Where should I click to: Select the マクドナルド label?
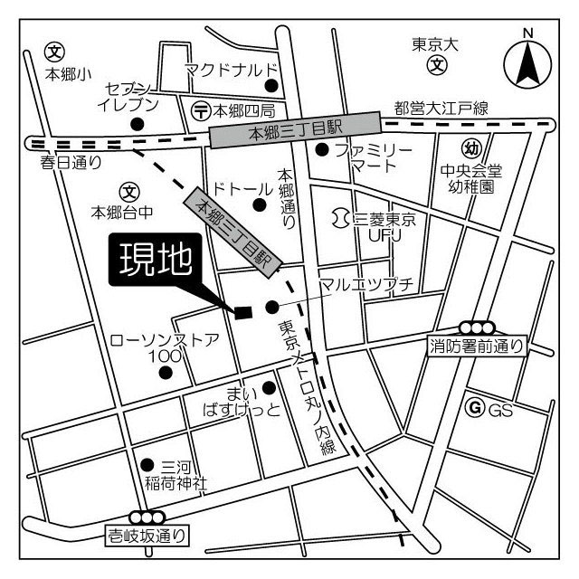(229, 69)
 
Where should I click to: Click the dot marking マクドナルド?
(270, 86)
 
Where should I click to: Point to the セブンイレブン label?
(132, 96)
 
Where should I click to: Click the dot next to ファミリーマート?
(320, 149)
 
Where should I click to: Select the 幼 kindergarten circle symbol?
(470, 148)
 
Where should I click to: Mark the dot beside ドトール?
(260, 205)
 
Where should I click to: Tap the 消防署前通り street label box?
(476, 344)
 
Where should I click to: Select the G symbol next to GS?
(472, 409)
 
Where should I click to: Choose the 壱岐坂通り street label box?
(147, 536)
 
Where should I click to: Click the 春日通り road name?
(71, 163)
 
